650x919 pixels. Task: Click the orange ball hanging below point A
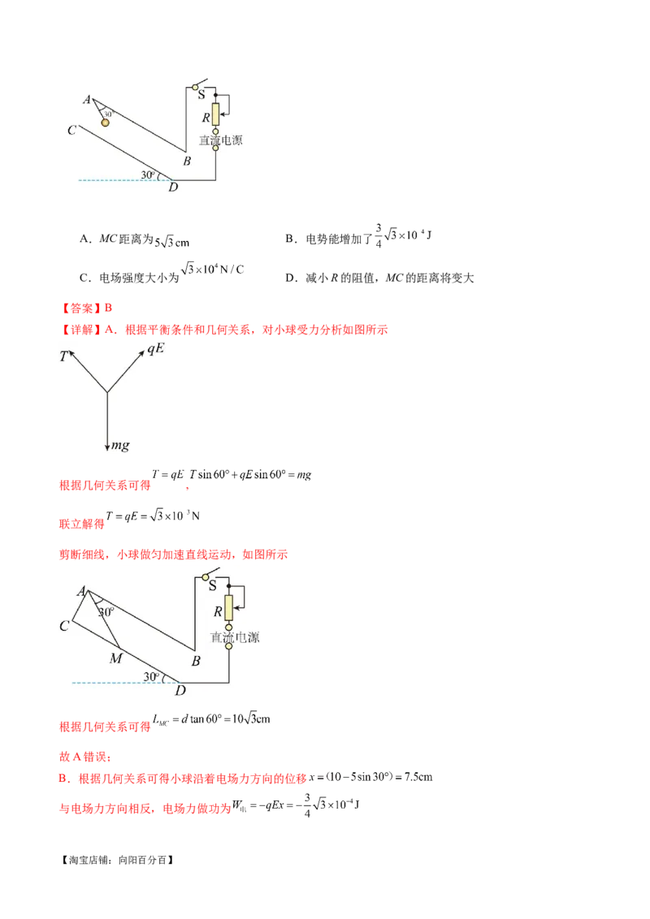(x=106, y=123)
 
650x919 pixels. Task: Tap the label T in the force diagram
(x=63, y=356)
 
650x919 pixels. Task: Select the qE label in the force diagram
(x=155, y=349)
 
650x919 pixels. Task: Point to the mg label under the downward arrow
(x=121, y=446)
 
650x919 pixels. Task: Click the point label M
(x=115, y=658)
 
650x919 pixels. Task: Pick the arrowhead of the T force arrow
(x=71, y=352)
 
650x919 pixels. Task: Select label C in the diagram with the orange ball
(x=71, y=130)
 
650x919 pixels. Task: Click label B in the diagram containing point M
(x=196, y=661)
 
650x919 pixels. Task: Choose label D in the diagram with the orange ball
(x=173, y=188)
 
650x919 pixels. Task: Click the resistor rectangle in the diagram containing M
(x=229, y=606)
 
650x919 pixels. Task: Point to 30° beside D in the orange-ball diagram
(x=147, y=175)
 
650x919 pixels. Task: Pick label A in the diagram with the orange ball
(x=86, y=100)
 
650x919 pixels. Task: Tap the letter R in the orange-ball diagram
(x=206, y=117)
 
